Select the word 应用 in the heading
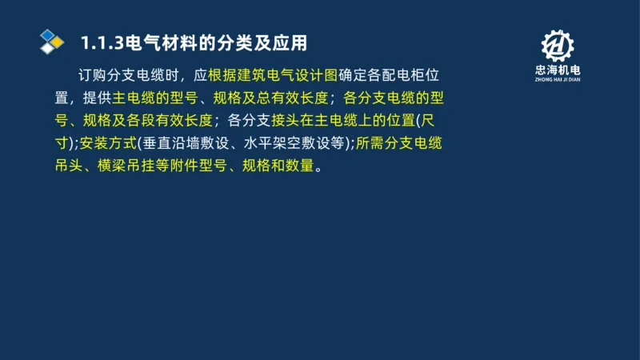[x=291, y=42]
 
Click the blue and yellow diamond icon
[x=51, y=40]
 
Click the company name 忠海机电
[x=558, y=70]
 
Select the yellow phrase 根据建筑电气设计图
[x=273, y=76]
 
